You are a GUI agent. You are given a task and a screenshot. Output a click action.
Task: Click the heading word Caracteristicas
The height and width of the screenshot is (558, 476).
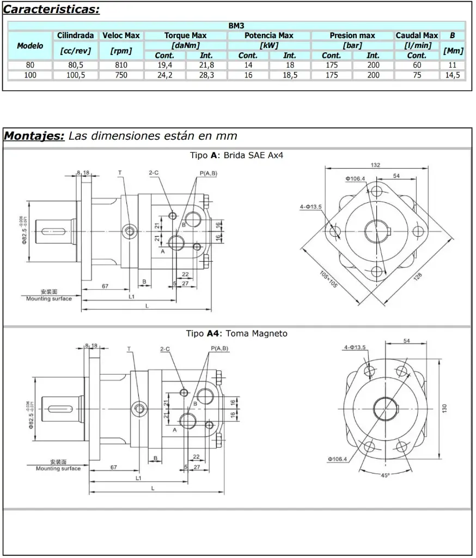click(52, 9)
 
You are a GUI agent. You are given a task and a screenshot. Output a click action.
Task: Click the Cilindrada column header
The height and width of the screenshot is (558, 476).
click(75, 35)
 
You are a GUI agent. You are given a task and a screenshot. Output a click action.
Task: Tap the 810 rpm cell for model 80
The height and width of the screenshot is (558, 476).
click(121, 65)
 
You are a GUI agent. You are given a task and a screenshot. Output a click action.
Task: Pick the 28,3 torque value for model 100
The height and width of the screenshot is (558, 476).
click(206, 75)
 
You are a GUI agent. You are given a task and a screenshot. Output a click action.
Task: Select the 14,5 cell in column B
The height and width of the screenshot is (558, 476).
click(453, 75)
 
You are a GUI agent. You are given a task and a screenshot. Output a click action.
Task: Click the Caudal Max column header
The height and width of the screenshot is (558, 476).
click(417, 35)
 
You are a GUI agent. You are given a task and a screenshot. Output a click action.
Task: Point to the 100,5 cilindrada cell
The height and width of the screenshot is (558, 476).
click(75, 75)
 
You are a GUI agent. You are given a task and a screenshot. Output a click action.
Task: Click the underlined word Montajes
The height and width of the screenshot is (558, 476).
click(34, 136)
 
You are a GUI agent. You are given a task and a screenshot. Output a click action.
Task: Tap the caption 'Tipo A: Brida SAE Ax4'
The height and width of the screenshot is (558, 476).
click(236, 155)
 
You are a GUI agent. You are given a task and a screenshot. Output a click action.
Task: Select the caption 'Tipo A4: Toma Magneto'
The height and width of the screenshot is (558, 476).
click(236, 333)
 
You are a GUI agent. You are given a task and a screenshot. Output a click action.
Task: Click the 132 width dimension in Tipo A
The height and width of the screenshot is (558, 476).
click(375, 165)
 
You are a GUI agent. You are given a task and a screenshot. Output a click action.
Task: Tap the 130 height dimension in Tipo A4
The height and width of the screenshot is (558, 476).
click(444, 408)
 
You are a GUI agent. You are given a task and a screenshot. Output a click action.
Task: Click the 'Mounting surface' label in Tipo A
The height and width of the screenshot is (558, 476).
click(49, 299)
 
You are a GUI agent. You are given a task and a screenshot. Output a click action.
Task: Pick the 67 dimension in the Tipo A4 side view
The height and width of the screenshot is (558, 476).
click(114, 467)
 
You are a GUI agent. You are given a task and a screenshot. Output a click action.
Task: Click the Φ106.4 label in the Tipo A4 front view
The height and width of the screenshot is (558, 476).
click(338, 459)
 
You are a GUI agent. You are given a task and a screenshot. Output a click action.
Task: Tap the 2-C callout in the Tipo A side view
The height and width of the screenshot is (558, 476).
click(153, 173)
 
